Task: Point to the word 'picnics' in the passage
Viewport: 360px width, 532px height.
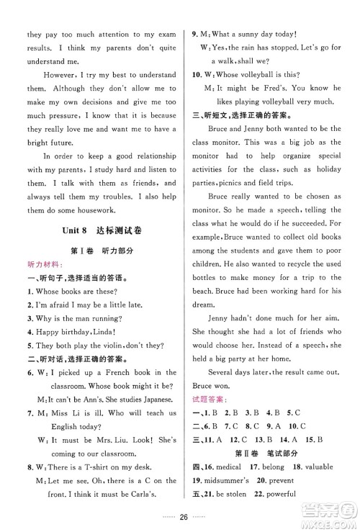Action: click(238, 183)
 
